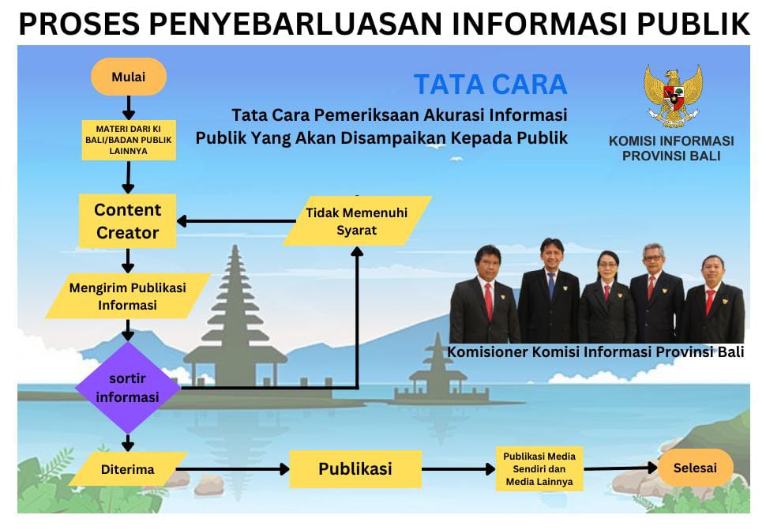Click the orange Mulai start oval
click(x=129, y=77)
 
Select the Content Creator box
click(x=127, y=221)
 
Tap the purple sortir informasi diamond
click(x=128, y=387)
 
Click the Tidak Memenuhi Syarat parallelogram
click(x=358, y=221)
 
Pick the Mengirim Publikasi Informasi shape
click(x=128, y=296)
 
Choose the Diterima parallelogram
click(x=128, y=469)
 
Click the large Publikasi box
click(x=355, y=469)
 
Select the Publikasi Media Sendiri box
click(x=539, y=469)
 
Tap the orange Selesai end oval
click(x=695, y=468)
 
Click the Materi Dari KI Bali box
click(x=129, y=140)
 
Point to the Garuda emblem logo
click(x=673, y=96)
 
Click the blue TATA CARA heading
click(x=490, y=85)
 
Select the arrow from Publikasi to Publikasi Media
click(x=459, y=469)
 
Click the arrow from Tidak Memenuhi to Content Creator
click(x=236, y=221)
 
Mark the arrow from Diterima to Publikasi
click(x=232, y=469)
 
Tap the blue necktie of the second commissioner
click(x=551, y=286)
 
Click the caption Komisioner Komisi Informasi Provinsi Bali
click(x=595, y=351)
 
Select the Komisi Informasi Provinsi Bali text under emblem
click(x=671, y=148)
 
